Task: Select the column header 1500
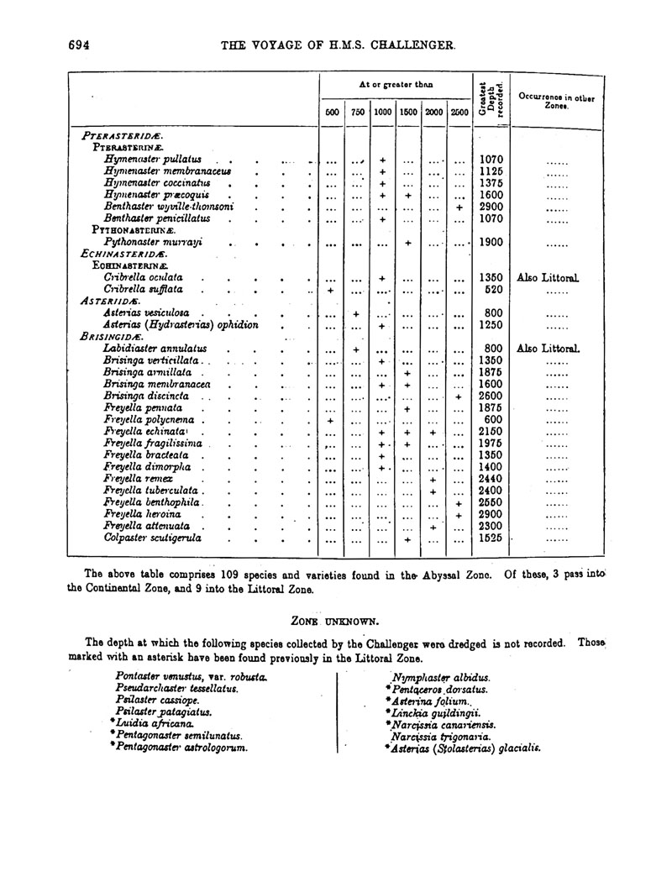pyautogui.click(x=409, y=112)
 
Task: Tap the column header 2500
pyautogui.click(x=459, y=112)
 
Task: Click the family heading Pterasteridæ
pyautogui.click(x=122, y=135)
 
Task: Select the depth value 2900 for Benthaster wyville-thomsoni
pyautogui.click(x=490, y=206)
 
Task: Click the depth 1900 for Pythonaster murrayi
pyautogui.click(x=490, y=242)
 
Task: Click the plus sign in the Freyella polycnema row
pyautogui.click(x=332, y=419)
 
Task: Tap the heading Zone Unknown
pyautogui.click(x=335, y=620)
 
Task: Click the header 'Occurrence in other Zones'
pyautogui.click(x=557, y=102)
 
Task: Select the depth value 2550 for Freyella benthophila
pyautogui.click(x=490, y=501)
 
